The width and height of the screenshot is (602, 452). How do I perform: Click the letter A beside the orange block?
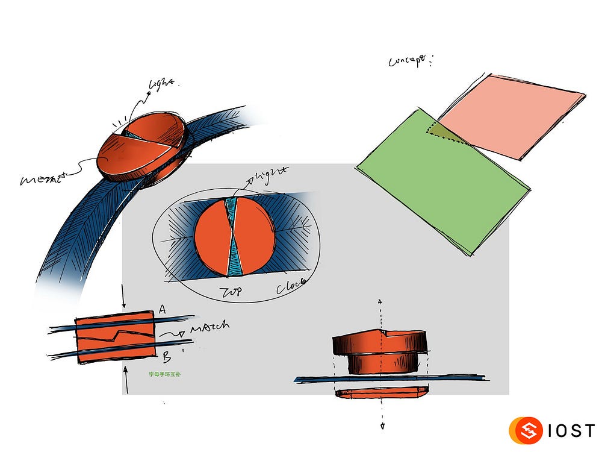tap(161, 310)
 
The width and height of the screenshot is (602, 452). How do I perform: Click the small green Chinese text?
tap(169, 374)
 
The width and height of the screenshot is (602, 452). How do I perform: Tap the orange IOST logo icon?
tap(523, 431)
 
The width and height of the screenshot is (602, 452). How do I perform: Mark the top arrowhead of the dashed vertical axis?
tap(380, 301)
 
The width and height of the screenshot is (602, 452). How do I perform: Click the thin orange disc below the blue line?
tap(381, 394)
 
